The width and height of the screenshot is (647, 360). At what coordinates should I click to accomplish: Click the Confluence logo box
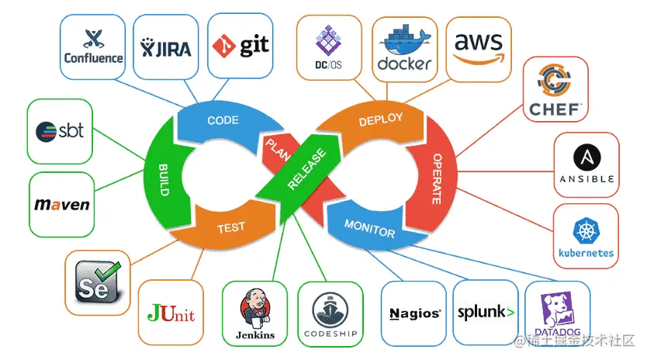pos(92,47)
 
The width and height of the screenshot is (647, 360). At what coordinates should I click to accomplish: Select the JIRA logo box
pos(165,47)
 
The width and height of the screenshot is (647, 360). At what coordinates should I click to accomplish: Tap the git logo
pos(240,45)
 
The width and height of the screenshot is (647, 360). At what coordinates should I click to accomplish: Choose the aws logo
pos(479,48)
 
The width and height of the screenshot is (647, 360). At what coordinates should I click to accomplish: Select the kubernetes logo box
pos(586,237)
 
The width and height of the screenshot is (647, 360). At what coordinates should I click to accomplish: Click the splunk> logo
pos(486,313)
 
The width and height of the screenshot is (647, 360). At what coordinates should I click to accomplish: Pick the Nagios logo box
pos(414,314)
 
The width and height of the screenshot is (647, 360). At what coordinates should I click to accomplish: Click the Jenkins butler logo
pos(254,314)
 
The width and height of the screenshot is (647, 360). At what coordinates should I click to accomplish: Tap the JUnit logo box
pos(171,314)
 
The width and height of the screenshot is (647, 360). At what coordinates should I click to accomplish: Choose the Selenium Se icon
pos(98,282)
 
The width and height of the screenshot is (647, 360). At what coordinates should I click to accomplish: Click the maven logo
pos(62,205)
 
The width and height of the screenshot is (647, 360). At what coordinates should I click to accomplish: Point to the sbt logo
pos(59,131)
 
